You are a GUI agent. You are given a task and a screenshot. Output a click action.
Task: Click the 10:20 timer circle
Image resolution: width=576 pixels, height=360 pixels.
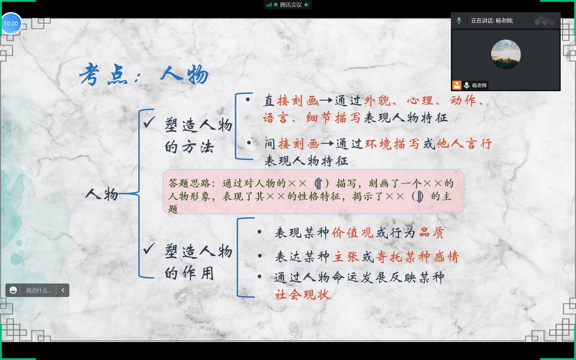[x=11, y=23]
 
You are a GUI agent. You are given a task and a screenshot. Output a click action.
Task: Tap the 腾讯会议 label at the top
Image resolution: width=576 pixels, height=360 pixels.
[x=290, y=5]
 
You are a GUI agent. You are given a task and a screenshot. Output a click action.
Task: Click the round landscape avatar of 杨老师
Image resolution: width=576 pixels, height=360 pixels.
[x=505, y=54]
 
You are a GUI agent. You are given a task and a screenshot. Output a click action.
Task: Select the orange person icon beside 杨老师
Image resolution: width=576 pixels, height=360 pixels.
[x=457, y=85]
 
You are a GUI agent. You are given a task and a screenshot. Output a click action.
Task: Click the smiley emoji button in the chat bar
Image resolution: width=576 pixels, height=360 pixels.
[x=13, y=290]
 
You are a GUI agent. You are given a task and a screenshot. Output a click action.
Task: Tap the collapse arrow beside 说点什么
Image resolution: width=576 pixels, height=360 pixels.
[x=63, y=290]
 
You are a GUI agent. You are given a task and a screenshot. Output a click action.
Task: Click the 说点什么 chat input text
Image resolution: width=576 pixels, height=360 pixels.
[x=38, y=290]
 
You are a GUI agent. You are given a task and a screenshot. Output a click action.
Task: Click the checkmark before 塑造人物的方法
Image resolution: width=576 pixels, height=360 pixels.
[x=149, y=122]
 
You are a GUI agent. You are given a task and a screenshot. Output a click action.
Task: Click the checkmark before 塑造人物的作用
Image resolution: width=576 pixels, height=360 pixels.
[x=149, y=248]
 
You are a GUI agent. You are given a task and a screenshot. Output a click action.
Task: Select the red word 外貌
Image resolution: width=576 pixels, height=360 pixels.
[x=377, y=101]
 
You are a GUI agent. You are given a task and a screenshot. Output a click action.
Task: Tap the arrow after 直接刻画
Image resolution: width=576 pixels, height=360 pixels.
[x=326, y=100]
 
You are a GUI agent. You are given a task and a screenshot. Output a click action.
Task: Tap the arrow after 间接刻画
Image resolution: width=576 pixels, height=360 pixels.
[x=327, y=144]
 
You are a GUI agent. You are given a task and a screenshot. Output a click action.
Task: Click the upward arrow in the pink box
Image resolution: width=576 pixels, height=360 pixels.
[x=318, y=183]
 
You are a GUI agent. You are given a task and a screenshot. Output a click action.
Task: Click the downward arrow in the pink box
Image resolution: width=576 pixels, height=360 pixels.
[x=419, y=197]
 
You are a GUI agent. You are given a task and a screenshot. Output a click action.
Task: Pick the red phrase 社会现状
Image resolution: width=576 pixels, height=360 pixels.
[x=302, y=295]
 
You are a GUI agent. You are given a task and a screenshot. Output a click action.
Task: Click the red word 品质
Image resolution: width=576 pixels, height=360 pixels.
[x=431, y=232]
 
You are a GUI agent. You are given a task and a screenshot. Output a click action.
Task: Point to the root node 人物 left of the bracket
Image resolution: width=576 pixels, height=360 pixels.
[x=102, y=194]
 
